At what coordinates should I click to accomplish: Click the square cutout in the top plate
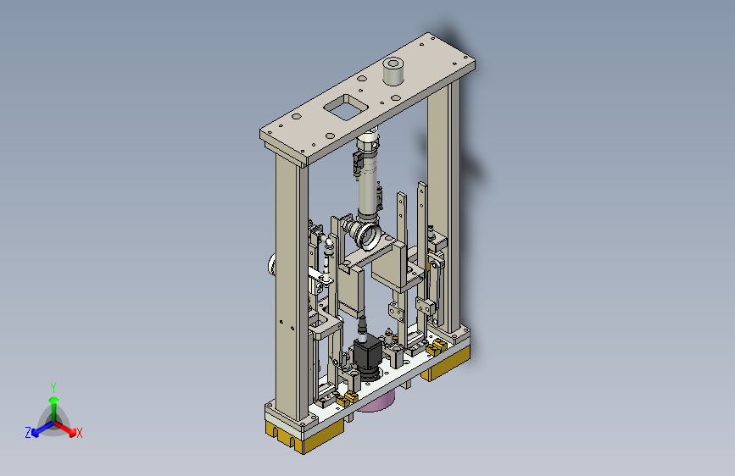pos(346,108)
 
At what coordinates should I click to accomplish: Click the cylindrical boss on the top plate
pos(393,71)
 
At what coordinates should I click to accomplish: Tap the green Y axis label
pos(53,388)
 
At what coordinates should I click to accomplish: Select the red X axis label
pos(80,433)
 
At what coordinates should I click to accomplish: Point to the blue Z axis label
pos(28,432)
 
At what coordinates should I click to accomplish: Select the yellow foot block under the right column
pos(445,363)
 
